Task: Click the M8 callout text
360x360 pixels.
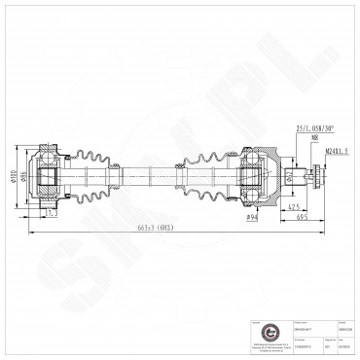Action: coord(314,138)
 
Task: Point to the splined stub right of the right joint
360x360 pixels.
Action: coord(294,176)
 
